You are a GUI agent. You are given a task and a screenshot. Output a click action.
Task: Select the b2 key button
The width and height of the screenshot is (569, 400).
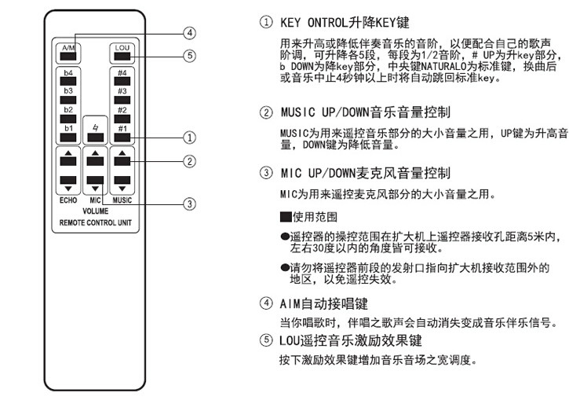(68, 119)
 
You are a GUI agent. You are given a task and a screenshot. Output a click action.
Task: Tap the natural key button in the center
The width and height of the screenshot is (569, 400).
(95, 137)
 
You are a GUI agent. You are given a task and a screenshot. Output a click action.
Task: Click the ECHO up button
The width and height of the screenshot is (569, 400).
(68, 160)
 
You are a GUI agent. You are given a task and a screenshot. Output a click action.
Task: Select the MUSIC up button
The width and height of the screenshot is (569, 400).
(121, 160)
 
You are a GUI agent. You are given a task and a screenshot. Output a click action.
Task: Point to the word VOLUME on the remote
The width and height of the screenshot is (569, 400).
(95, 211)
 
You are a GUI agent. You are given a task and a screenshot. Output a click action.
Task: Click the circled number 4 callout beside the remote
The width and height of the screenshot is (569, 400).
(189, 33)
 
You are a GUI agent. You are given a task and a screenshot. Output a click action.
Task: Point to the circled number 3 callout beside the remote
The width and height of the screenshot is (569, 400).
(189, 204)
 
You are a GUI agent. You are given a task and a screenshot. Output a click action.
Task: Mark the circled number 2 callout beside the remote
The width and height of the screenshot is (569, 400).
(189, 162)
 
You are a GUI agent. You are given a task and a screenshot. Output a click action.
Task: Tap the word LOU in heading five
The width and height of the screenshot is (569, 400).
(290, 339)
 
